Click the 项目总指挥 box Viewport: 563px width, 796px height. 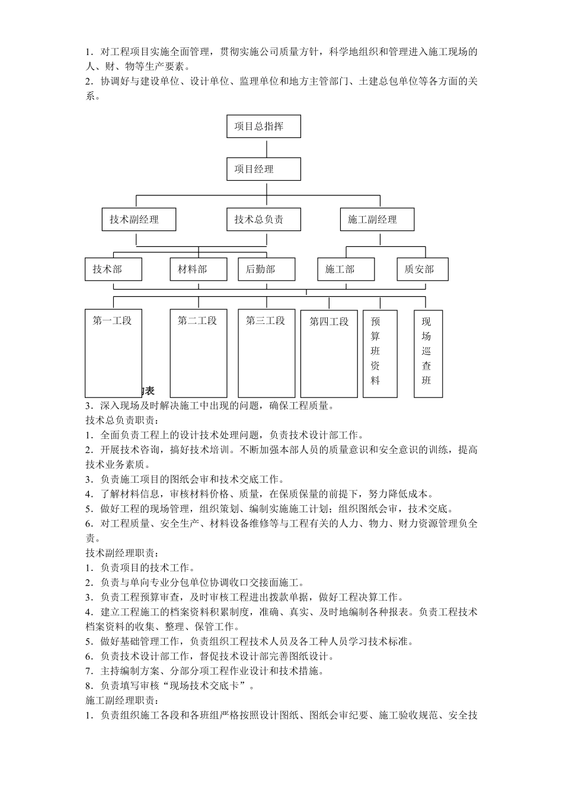pos(264,126)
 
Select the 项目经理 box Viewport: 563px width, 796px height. pos(264,169)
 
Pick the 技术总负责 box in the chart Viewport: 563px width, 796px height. pos(264,220)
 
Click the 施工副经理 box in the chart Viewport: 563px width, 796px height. pos(377,220)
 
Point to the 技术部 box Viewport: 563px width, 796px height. pos(113,269)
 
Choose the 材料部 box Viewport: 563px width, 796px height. pos(199,269)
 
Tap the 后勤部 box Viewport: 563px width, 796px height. pos(266,269)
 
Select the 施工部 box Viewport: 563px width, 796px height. pos(346,269)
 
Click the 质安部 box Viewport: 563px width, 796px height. pos(423,269)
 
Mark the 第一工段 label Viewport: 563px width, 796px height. pos(113,321)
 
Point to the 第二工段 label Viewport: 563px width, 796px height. pos(198,321)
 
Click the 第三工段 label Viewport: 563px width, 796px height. pos(266,321)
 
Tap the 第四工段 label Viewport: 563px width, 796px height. pos(330,322)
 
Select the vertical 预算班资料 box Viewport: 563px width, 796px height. pos(376,354)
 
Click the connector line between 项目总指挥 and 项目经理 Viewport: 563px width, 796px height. pos(264,147)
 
